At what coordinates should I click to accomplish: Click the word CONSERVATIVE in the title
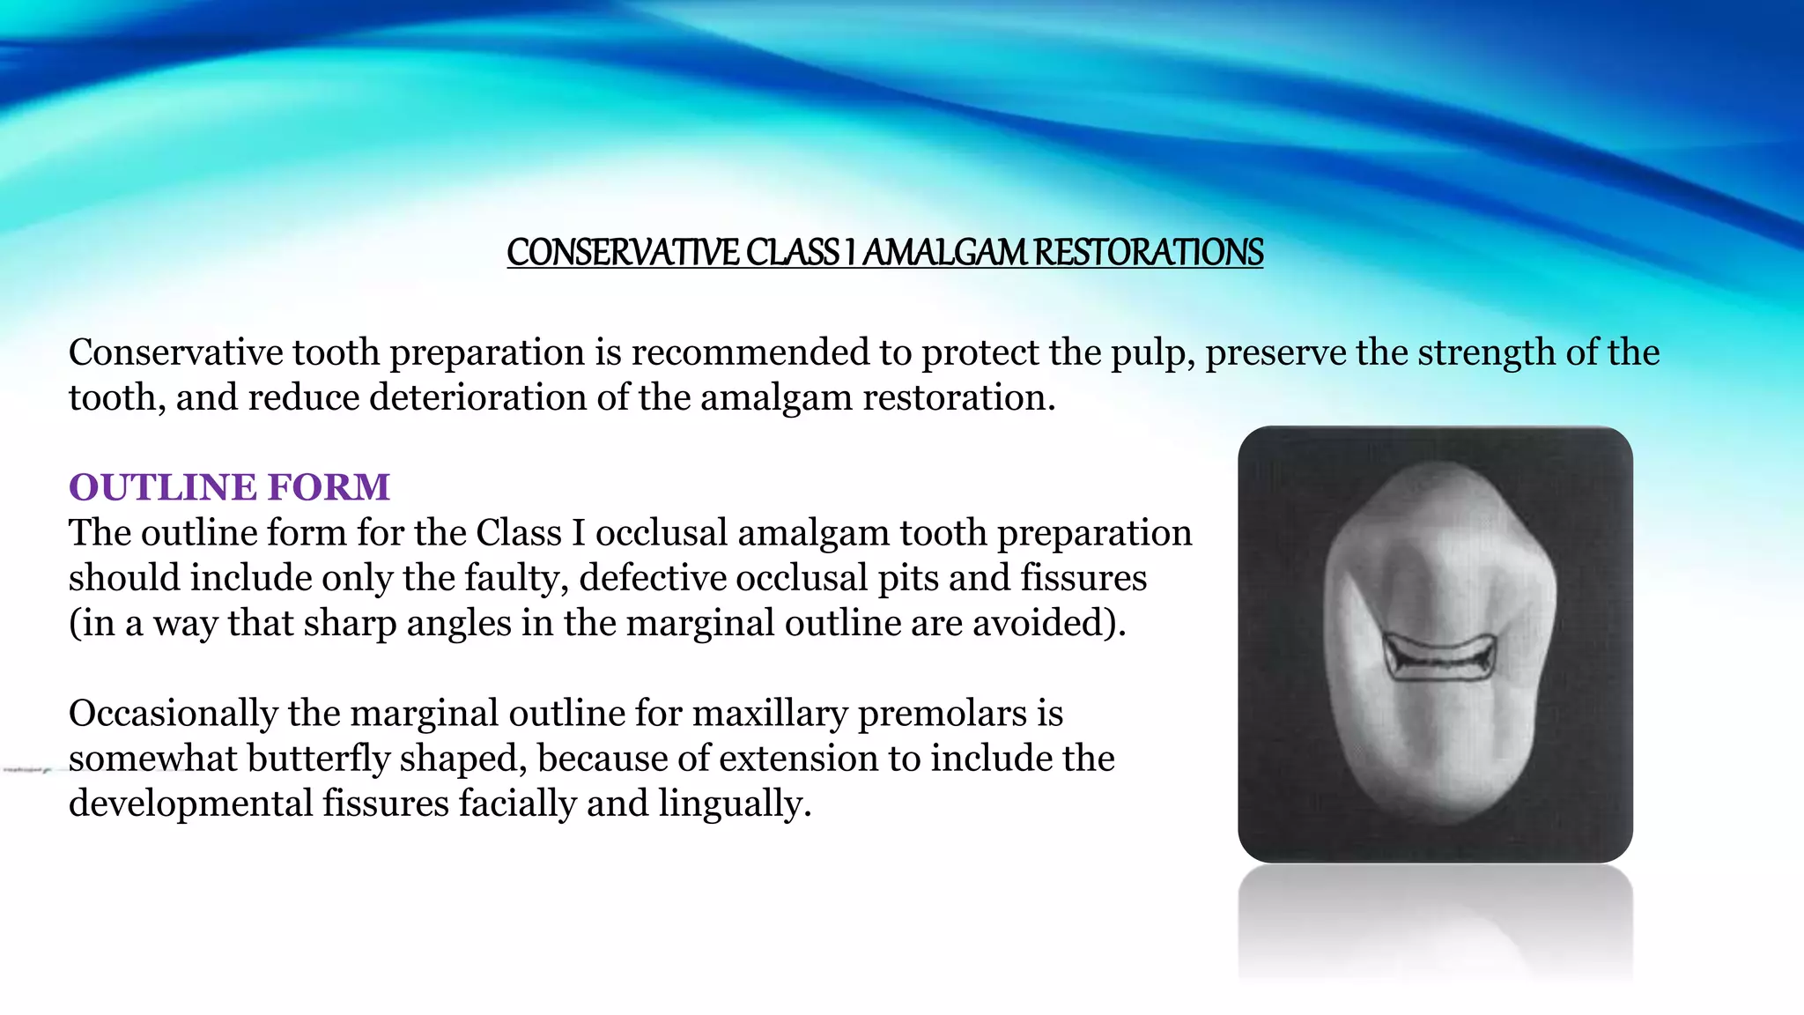pyautogui.click(x=624, y=253)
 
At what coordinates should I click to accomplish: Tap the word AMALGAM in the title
pyautogui.click(x=943, y=253)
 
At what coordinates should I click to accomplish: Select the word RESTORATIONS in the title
pyautogui.click(x=1149, y=253)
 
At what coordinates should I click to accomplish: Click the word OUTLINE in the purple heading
pyautogui.click(x=163, y=487)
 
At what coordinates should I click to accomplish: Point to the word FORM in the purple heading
pyautogui.click(x=329, y=487)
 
